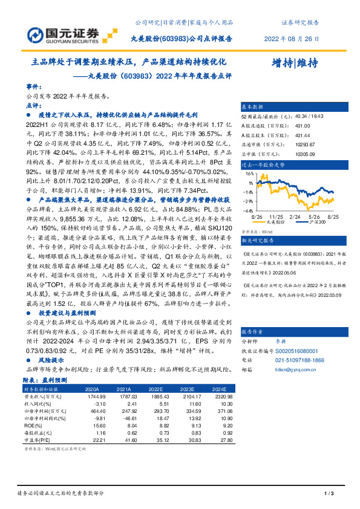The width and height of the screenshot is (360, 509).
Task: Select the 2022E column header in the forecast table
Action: click(x=156, y=390)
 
